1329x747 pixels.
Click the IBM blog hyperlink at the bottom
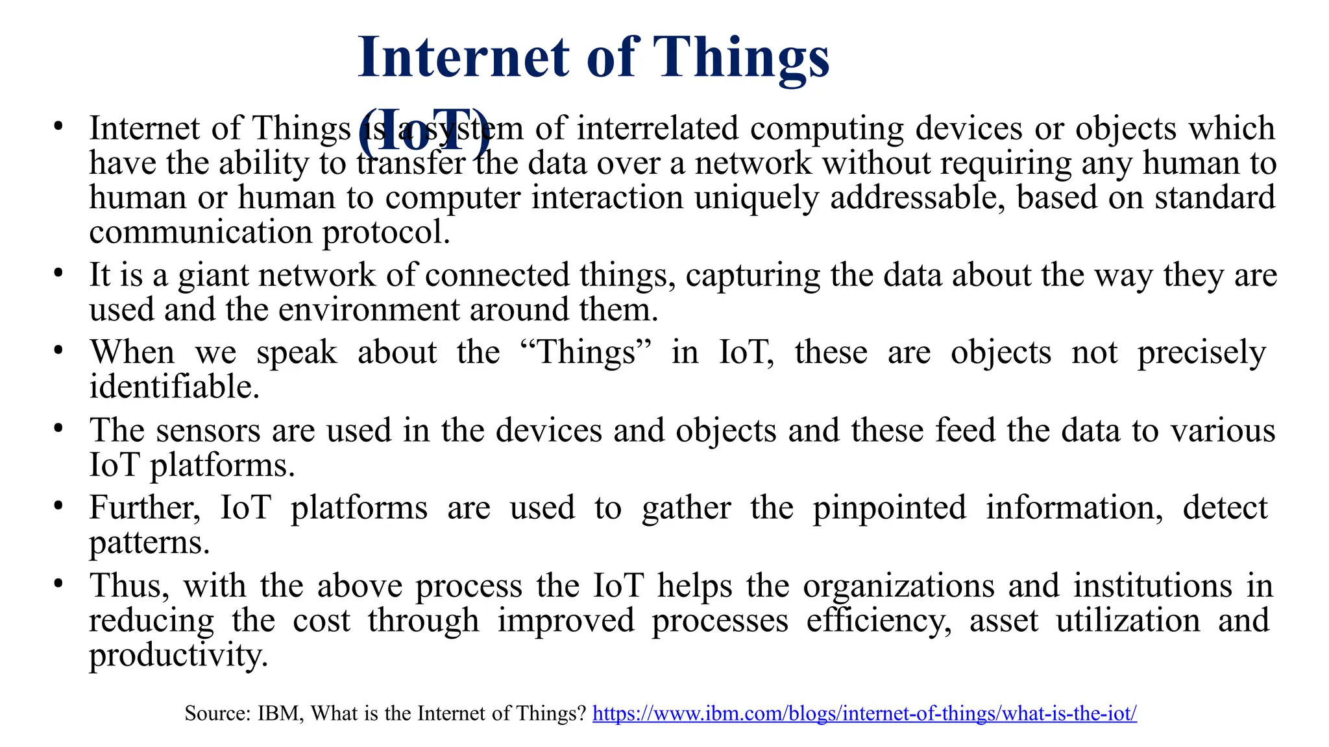pyautogui.click(x=864, y=714)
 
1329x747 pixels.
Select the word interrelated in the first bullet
pyautogui.click(x=657, y=128)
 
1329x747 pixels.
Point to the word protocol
pyautogui.click(x=386, y=233)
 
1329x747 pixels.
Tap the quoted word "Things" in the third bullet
pyautogui.click(x=586, y=353)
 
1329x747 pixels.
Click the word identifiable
pyautogui.click(x=174, y=387)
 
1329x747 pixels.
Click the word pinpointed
pyautogui.click(x=889, y=508)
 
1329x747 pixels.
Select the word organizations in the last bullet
pyautogui.click(x=899, y=586)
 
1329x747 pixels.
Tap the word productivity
pyautogui.click(x=178, y=656)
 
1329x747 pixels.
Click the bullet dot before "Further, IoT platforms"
pyautogui.click(x=58, y=506)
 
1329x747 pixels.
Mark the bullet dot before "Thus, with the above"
pyautogui.click(x=58, y=584)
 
